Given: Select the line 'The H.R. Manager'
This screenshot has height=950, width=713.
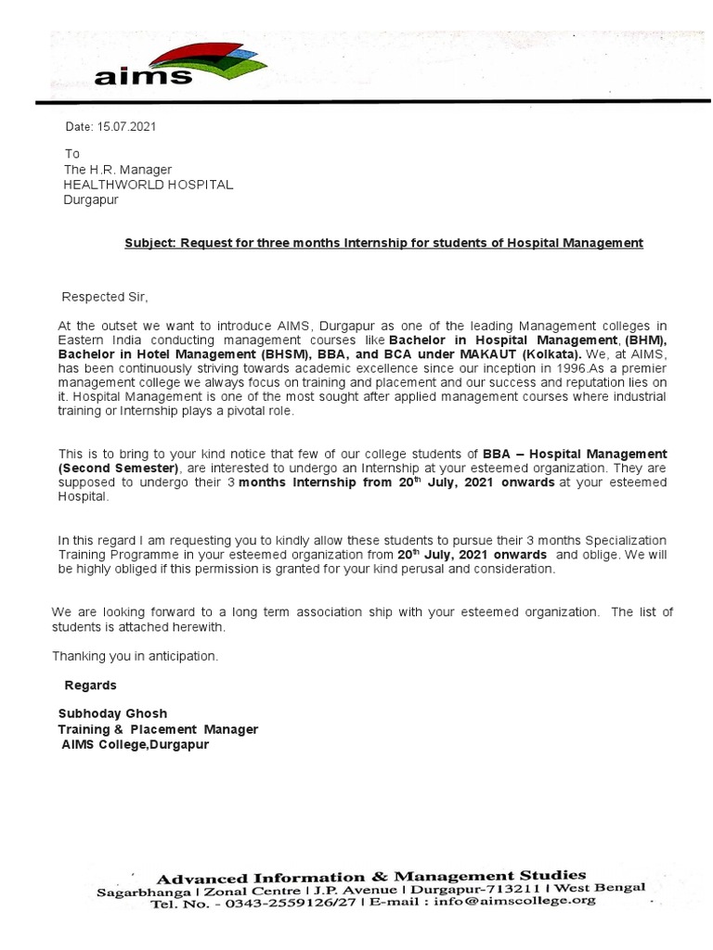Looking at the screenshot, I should point(117,170).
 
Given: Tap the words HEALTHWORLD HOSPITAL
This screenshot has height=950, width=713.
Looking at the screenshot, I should point(148,185).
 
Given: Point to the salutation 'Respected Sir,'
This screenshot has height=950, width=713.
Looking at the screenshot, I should point(104,298).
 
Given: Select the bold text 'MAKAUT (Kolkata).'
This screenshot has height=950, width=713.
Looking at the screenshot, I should point(528,354).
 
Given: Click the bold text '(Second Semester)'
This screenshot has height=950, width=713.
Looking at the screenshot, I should point(118,469).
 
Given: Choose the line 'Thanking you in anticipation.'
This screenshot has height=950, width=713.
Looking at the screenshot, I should point(136,656).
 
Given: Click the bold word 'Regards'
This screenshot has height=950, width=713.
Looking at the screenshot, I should point(90,686).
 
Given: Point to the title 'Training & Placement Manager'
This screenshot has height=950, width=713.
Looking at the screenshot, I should point(158,729).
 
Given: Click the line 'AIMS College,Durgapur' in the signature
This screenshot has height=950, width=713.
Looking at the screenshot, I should point(136,744).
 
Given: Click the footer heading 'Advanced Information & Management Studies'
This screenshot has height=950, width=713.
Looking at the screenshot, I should point(371,876).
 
